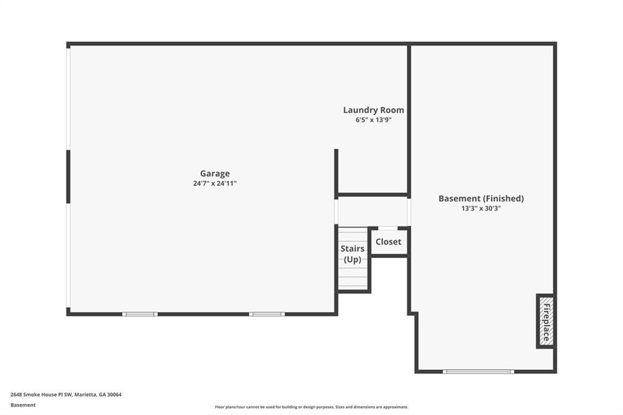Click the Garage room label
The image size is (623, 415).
click(x=215, y=173)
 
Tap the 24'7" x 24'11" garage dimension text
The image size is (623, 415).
click(x=215, y=184)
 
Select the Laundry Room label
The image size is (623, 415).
click(x=374, y=110)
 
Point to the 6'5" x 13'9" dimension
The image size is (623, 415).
click(x=374, y=120)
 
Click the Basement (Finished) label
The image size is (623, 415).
click(x=481, y=198)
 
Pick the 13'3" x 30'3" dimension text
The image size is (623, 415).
click(x=481, y=208)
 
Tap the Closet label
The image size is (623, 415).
click(x=388, y=242)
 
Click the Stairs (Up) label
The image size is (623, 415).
click(x=352, y=254)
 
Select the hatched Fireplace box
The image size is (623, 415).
click(x=546, y=321)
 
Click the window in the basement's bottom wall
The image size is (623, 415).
click(x=478, y=372)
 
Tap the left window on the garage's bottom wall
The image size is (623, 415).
click(x=140, y=314)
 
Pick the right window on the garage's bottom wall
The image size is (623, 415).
click(x=267, y=314)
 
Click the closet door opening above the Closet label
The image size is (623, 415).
click(x=388, y=228)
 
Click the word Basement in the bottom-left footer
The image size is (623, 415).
click(x=23, y=405)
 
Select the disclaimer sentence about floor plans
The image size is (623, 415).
click(x=311, y=407)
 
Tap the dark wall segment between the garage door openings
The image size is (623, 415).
click(x=68, y=177)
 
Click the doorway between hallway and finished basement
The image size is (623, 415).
click(x=409, y=212)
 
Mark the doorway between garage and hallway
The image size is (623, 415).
click(x=336, y=212)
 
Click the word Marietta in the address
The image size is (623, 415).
click(x=86, y=395)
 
